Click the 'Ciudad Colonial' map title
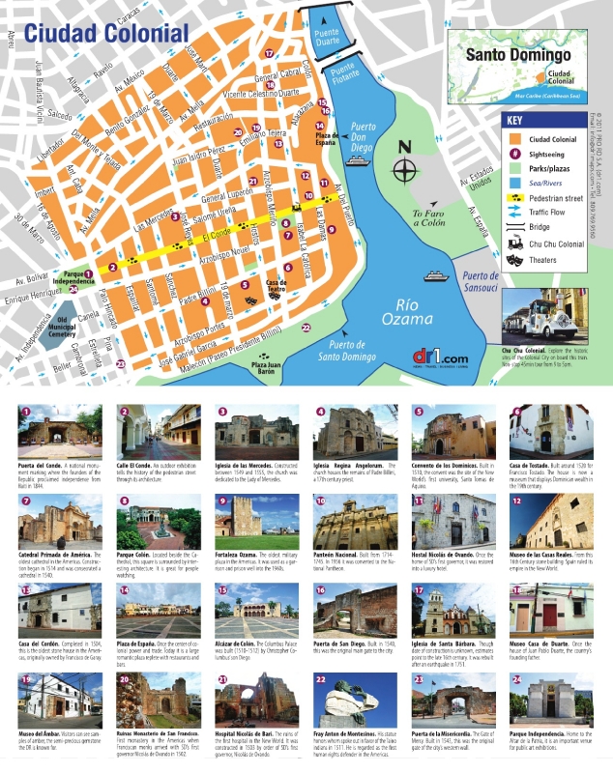coord(106,33)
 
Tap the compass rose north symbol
coord(405,169)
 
